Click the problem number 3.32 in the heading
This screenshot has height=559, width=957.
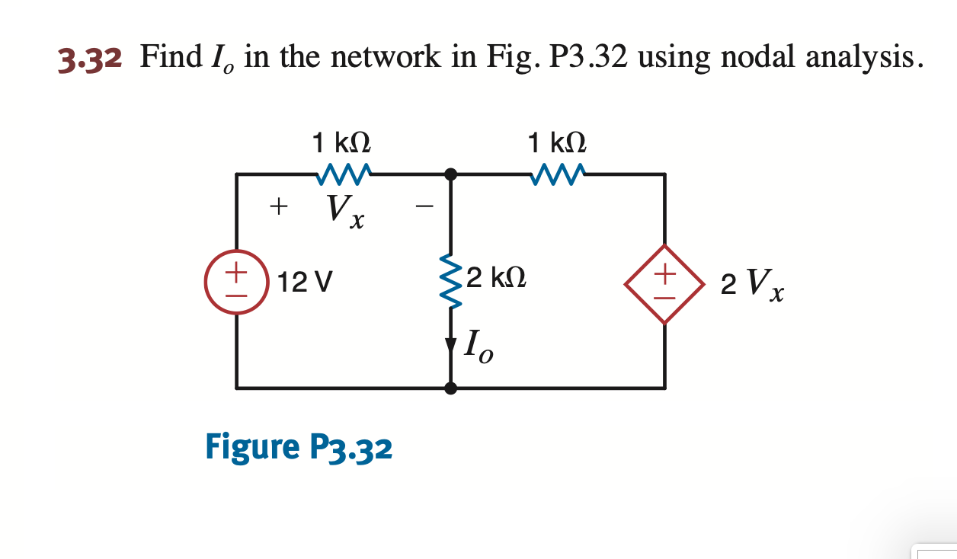click(x=90, y=58)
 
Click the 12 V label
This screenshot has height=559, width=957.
click(x=305, y=283)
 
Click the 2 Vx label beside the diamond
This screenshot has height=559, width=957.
click(x=752, y=283)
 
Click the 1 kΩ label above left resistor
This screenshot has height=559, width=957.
click(x=342, y=142)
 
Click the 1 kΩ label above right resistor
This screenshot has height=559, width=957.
click(x=558, y=142)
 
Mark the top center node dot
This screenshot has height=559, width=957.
click(x=451, y=174)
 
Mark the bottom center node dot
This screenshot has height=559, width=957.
click(x=451, y=388)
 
